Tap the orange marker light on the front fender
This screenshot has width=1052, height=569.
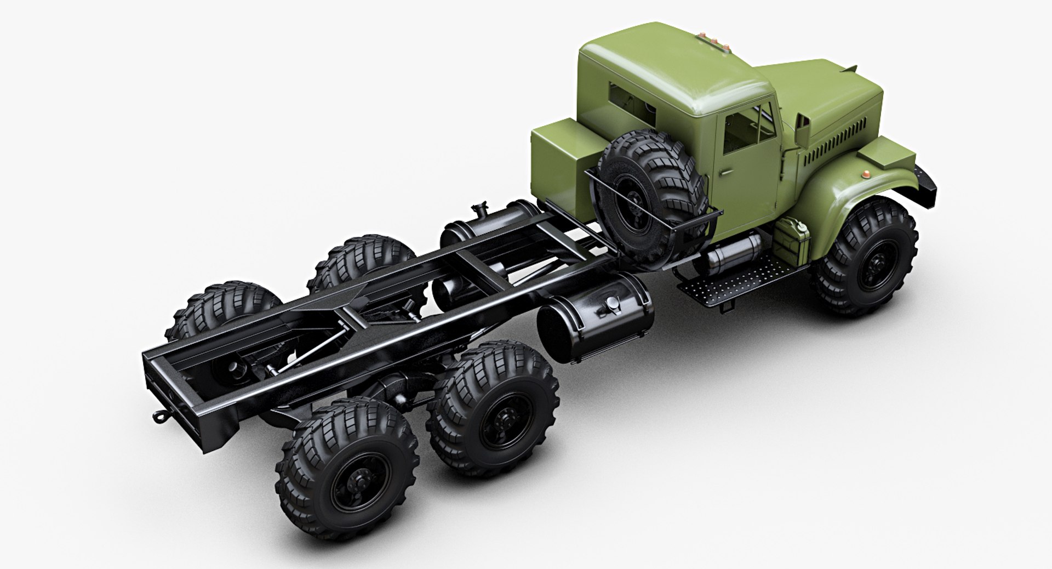click(x=865, y=174)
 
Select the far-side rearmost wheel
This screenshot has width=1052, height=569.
click(x=225, y=312)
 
